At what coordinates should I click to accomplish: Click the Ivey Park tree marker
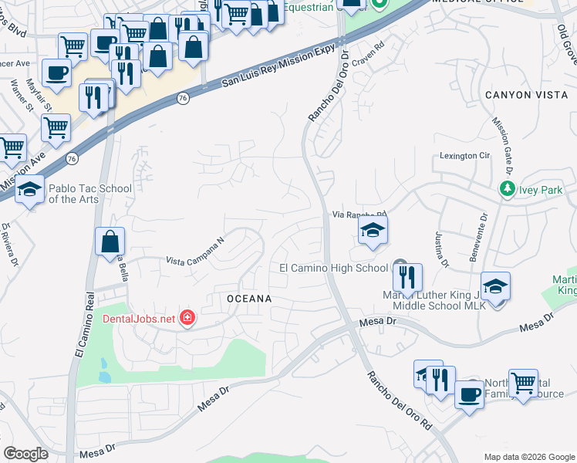(x=507, y=188)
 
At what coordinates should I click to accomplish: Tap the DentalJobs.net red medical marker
(x=187, y=317)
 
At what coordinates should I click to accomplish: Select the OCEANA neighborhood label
(x=249, y=298)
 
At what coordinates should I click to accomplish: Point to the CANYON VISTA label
(x=519, y=95)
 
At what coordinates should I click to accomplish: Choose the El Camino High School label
(x=333, y=268)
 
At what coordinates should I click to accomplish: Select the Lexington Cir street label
(x=465, y=156)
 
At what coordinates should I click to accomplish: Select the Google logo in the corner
(x=26, y=454)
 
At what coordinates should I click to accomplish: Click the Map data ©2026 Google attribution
(x=528, y=457)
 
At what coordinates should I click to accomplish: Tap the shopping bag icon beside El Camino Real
(x=110, y=240)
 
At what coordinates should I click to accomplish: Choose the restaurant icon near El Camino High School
(x=408, y=275)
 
